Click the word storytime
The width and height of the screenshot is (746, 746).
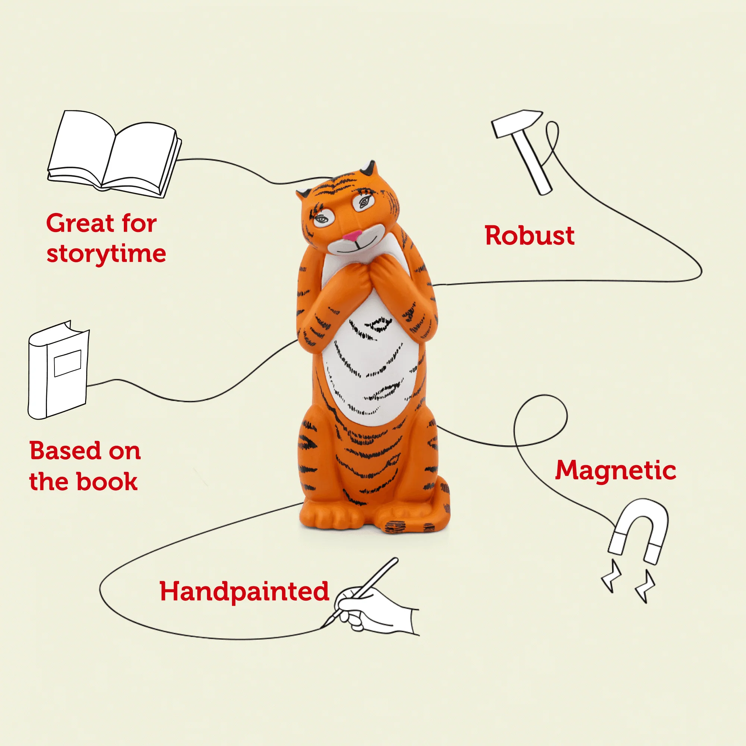[x=106, y=254]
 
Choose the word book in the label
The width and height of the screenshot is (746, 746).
[x=107, y=481]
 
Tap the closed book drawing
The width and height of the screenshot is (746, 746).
[x=58, y=370]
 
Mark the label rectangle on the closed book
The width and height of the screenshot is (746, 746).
[x=68, y=363]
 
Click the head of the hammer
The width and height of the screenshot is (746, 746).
[x=517, y=123]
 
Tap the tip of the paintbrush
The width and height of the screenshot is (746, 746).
[x=322, y=627]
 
